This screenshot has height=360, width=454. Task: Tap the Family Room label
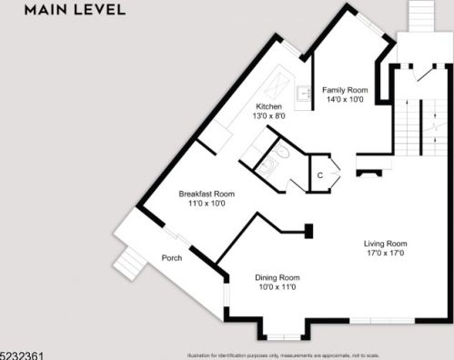pos(345,90)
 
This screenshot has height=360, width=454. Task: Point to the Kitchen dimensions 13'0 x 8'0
pos(269,116)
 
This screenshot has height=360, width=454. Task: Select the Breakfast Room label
pos(207,194)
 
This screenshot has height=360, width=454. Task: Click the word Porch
pos(172,258)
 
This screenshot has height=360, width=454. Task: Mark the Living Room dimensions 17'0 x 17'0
pos(385,253)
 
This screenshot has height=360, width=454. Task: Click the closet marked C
pos(320,175)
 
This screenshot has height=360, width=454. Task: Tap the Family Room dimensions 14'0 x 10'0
pos(345,101)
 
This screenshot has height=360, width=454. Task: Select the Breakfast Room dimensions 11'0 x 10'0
pos(206,204)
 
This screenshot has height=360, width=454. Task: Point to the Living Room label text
pos(385,243)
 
